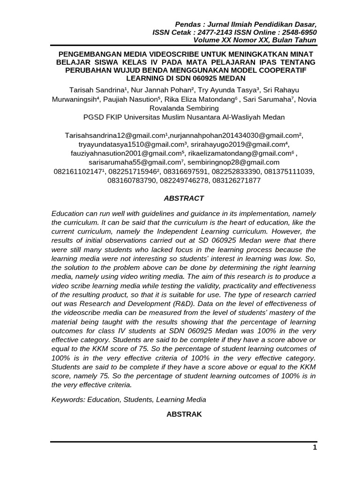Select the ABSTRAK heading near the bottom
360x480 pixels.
click(x=184, y=414)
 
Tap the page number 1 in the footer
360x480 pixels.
click(x=315, y=448)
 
